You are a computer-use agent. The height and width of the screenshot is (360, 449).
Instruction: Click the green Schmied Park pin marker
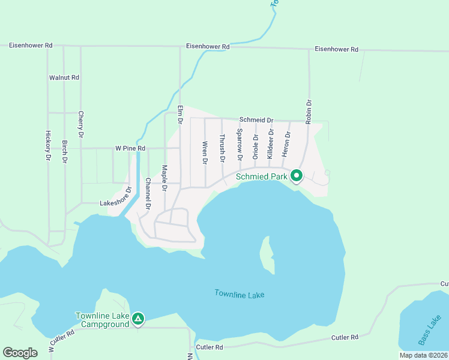(296, 176)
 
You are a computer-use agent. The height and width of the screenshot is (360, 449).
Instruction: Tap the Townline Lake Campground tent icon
(138, 319)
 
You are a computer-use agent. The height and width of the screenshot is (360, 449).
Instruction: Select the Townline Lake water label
(239, 294)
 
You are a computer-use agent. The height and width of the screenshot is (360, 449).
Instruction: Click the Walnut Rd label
(64, 78)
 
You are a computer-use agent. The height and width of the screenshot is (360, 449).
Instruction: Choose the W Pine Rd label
(130, 148)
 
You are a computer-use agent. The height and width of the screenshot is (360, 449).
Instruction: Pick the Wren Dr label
(205, 153)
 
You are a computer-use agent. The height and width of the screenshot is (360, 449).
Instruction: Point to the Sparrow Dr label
(239, 145)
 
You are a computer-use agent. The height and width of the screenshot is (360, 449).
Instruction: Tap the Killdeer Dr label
(271, 143)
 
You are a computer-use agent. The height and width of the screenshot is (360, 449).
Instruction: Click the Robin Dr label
(309, 111)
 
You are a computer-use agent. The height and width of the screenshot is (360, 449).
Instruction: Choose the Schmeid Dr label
(256, 120)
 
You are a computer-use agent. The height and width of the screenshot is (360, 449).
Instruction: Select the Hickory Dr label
(48, 145)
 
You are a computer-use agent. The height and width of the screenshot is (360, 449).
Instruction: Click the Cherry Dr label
(80, 124)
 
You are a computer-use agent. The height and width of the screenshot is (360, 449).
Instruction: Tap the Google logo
(20, 352)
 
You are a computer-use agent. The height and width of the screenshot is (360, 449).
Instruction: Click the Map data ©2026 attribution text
(423, 355)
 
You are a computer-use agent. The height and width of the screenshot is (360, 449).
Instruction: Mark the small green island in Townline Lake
(265, 252)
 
